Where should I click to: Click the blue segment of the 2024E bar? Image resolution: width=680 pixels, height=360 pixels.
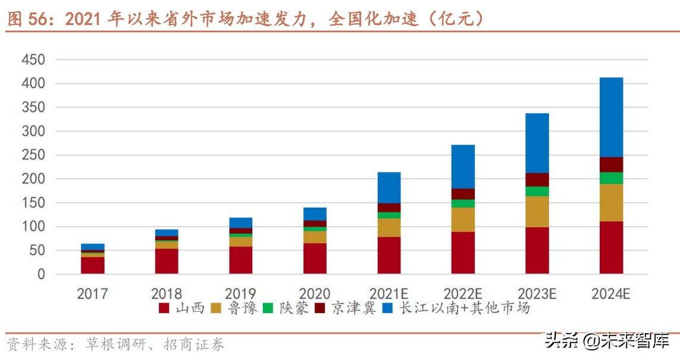pyautogui.click(x=611, y=117)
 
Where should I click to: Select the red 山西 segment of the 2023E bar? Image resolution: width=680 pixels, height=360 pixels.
pyautogui.click(x=537, y=250)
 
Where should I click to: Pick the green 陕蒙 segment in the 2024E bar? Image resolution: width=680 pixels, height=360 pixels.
pyautogui.click(x=611, y=178)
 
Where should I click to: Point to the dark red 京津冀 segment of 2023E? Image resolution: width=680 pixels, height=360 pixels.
pyautogui.click(x=537, y=180)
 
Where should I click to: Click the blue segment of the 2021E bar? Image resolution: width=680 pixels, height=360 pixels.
pyautogui.click(x=389, y=187)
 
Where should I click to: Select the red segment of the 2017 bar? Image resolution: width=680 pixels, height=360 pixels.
pyautogui.click(x=93, y=265)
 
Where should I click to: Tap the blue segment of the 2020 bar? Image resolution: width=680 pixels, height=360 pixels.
pyautogui.click(x=315, y=214)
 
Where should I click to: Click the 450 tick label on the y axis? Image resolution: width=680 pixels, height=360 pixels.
pyautogui.click(x=33, y=60)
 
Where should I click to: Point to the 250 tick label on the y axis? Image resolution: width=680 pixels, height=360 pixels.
pyautogui.click(x=33, y=155)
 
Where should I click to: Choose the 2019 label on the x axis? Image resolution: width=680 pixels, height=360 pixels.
pyautogui.click(x=240, y=293)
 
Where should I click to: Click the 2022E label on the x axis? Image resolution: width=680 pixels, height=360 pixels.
pyautogui.click(x=463, y=293)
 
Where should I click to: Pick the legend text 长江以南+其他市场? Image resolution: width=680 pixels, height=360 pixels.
pyautogui.click(x=464, y=308)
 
